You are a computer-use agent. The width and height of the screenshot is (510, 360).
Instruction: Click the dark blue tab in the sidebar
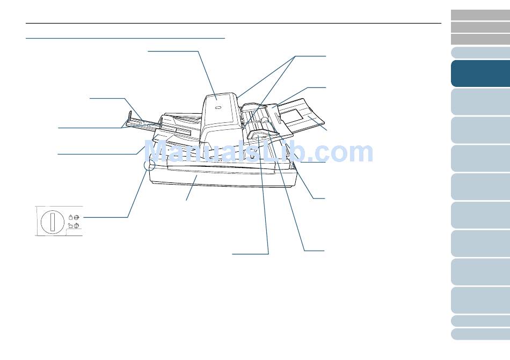(480, 73)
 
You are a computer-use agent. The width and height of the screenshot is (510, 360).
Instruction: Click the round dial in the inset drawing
(52, 221)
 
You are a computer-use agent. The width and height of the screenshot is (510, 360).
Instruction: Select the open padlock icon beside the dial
(70, 226)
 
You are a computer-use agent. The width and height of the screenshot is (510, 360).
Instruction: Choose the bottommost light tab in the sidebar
(480, 334)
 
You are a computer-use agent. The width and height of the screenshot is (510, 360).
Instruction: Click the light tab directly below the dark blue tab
(480, 101)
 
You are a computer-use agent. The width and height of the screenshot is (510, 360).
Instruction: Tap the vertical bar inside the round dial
(52, 221)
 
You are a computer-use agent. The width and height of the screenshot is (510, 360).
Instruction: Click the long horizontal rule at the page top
(233, 23)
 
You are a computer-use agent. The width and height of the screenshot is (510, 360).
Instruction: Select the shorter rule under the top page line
(125, 38)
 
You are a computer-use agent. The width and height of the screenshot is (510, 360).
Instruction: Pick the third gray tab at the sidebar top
(480, 39)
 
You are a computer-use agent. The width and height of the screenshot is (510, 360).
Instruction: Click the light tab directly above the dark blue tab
(480, 53)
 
